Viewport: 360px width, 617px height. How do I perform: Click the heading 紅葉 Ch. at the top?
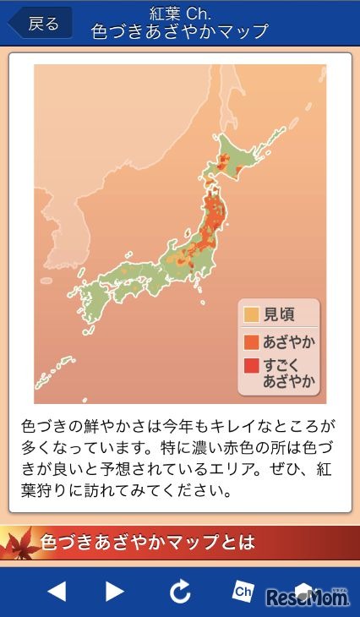click(x=179, y=14)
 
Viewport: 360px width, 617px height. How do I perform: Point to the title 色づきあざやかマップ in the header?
click(x=179, y=33)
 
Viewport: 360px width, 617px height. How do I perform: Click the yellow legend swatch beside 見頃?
click(x=250, y=315)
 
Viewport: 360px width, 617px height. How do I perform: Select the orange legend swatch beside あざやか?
click(x=250, y=341)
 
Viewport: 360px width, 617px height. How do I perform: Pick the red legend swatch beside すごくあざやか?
click(x=250, y=366)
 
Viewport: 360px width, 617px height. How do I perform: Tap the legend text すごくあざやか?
click(x=289, y=373)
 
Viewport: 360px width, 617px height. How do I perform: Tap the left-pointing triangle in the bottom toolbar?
click(x=57, y=592)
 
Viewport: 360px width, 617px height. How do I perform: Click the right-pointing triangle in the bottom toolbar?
click(x=115, y=592)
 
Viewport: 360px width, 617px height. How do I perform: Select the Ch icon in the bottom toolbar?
click(x=243, y=592)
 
